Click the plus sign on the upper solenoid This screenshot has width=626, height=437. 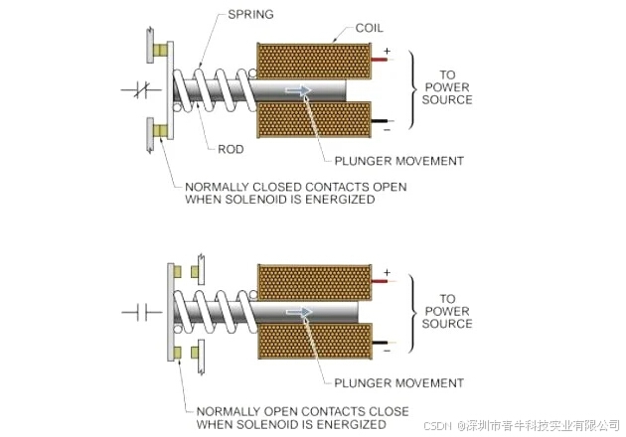(x=387, y=49)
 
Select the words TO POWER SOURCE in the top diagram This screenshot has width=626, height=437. (x=448, y=86)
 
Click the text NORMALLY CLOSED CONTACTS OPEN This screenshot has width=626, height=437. (x=295, y=186)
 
